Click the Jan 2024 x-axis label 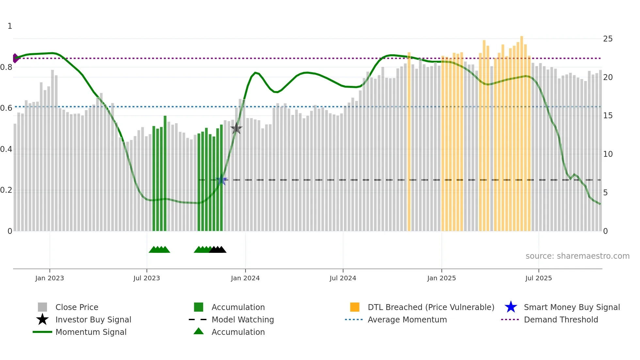[245, 278]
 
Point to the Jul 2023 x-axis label [147, 278]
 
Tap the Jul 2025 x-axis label [538, 278]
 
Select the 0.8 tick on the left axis [7, 67]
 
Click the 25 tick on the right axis [608, 39]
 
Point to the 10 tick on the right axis [608, 154]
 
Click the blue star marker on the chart [221, 180]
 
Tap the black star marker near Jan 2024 [236, 128]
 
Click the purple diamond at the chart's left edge [15, 58]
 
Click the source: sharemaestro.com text [577, 256]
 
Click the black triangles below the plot [218, 250]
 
